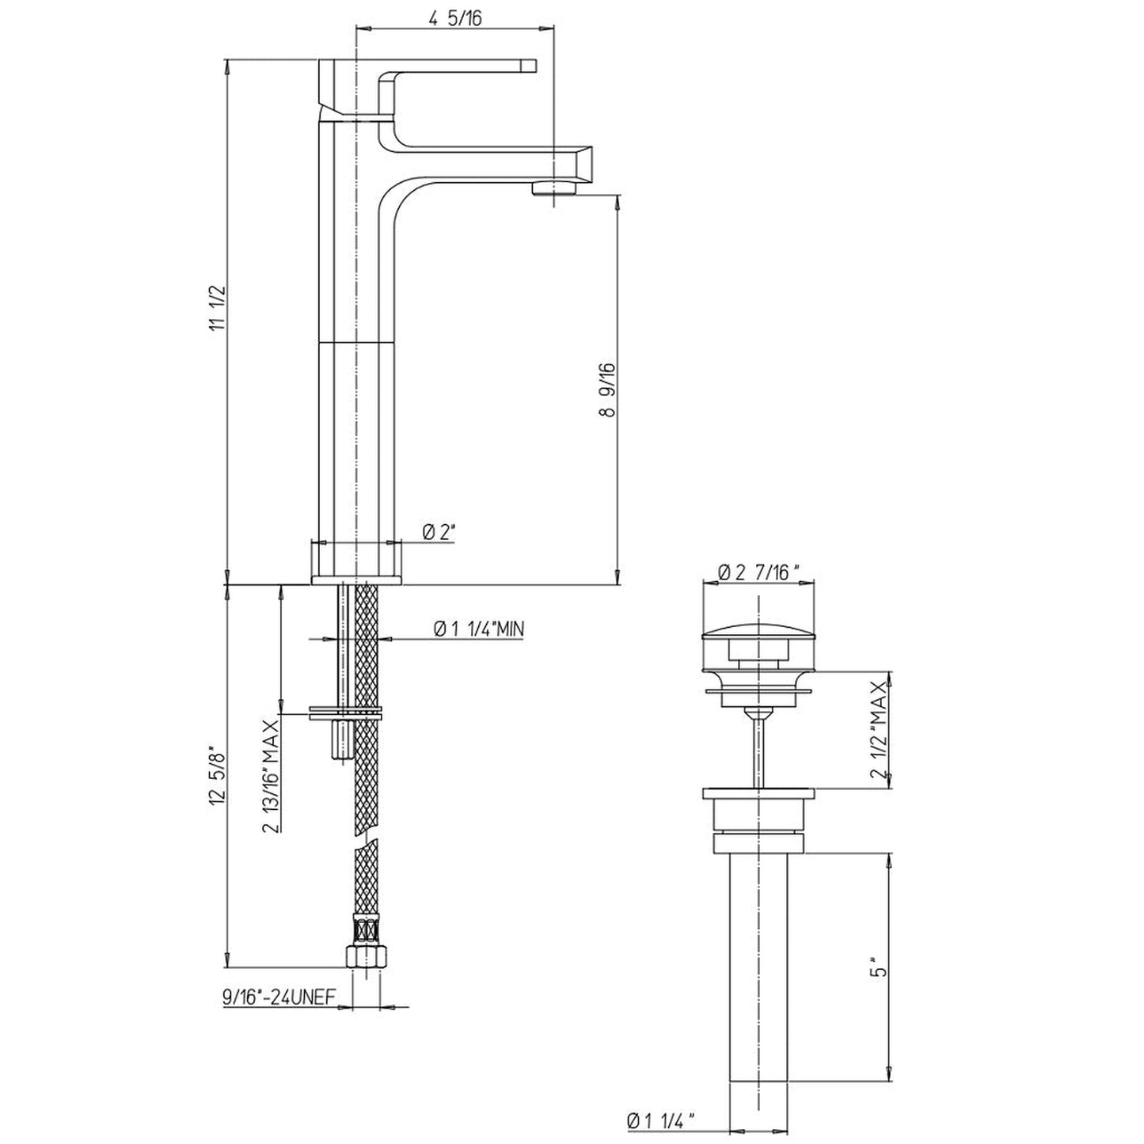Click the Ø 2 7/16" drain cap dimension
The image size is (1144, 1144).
(x=758, y=572)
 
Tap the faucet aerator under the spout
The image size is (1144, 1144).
(x=554, y=188)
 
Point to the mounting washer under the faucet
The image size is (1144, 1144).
(x=346, y=713)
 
